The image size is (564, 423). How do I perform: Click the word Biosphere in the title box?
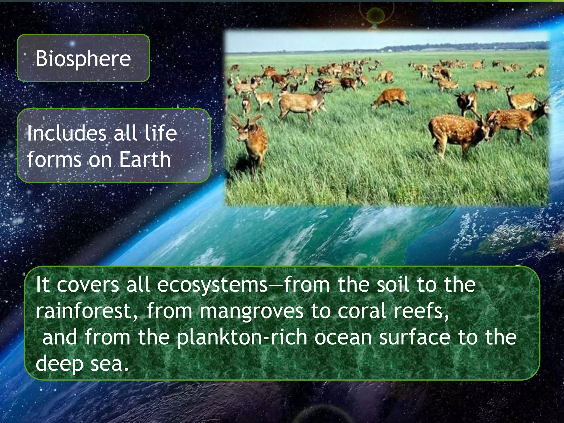pyautogui.click(x=83, y=59)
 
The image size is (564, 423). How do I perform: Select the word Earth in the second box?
pyautogui.click(x=145, y=159)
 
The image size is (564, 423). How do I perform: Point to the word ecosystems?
pyautogui.click(x=212, y=285)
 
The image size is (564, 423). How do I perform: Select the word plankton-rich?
pyautogui.click(x=242, y=338)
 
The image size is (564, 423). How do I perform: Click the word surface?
pyautogui.click(x=414, y=338)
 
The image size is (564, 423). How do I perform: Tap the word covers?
pyautogui.click(x=88, y=285)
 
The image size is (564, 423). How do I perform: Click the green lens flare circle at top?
pyautogui.click(x=376, y=15)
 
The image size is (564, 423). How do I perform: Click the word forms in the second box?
pyautogui.click(x=54, y=159)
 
